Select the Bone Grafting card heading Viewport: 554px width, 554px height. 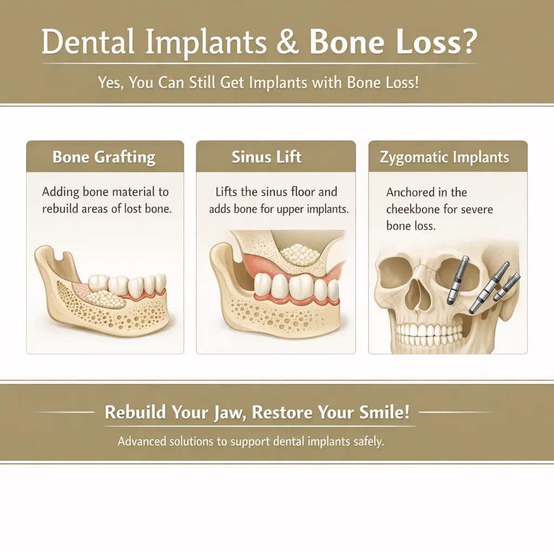click(x=104, y=157)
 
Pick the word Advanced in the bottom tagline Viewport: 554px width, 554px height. click(x=141, y=441)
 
